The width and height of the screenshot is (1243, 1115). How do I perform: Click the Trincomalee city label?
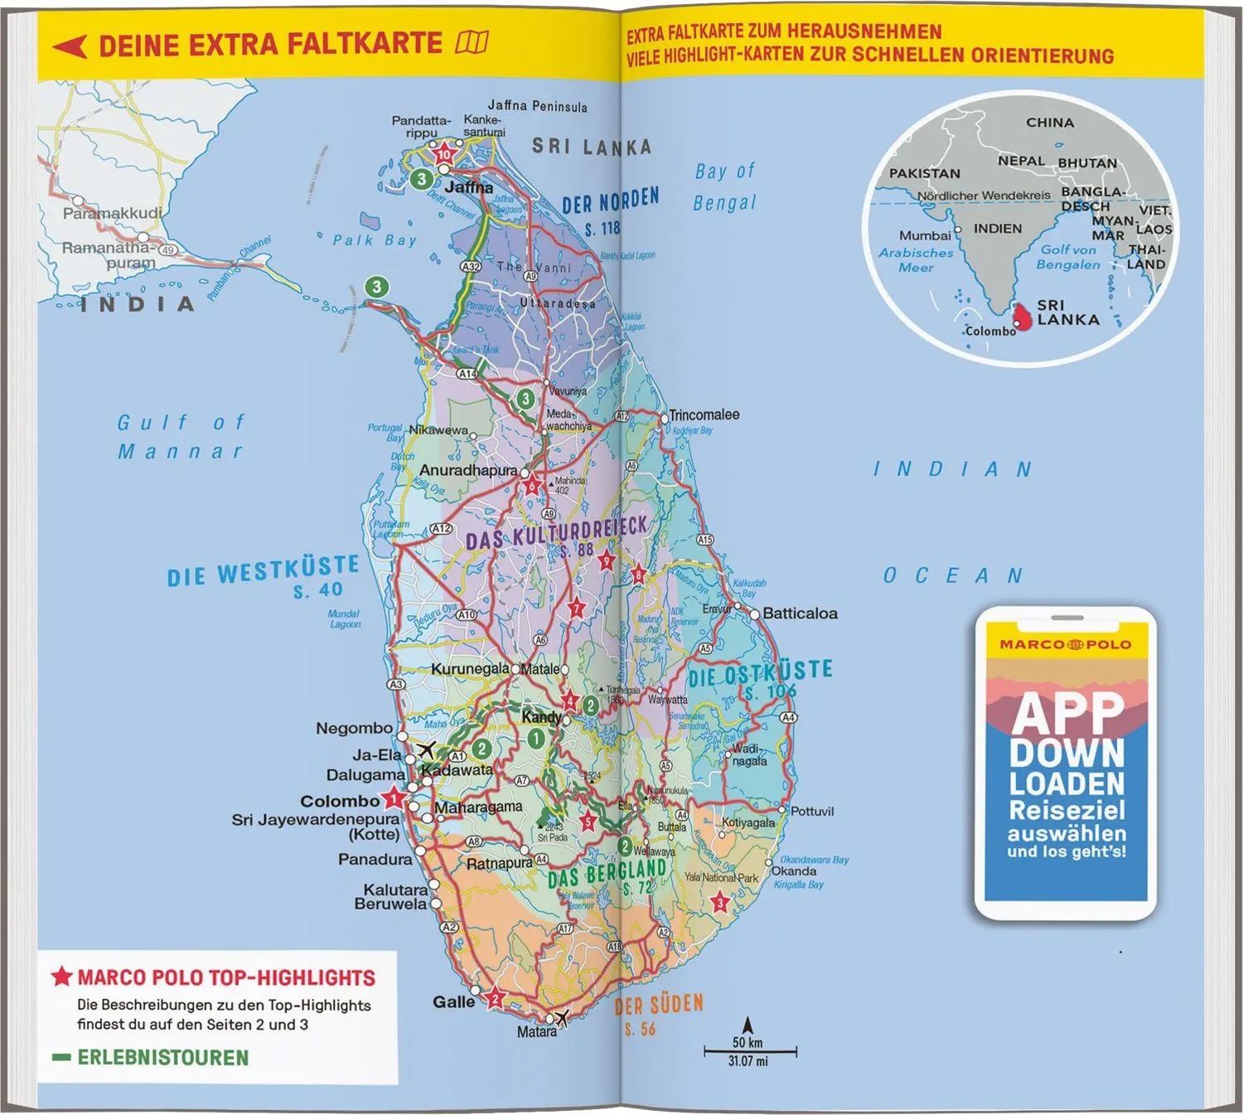click(704, 414)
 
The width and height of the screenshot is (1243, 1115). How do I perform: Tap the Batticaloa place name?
click(800, 613)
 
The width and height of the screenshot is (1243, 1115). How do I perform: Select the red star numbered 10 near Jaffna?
click(445, 154)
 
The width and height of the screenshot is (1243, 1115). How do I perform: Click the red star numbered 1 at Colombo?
click(394, 800)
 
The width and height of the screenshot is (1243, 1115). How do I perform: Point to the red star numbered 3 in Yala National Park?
click(720, 903)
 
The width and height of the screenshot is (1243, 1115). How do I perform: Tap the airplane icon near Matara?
click(562, 1017)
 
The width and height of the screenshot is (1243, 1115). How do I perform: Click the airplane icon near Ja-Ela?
click(427, 750)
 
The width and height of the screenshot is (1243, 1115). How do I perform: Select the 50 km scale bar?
click(750, 1052)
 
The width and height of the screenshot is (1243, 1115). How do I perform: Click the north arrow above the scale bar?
click(747, 1025)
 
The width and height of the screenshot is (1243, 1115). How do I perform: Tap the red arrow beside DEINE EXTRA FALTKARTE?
click(70, 46)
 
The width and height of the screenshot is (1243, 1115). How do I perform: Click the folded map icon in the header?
click(472, 42)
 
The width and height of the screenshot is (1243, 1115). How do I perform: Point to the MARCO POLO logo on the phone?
click(1066, 644)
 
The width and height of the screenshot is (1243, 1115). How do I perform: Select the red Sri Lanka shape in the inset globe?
click(1023, 316)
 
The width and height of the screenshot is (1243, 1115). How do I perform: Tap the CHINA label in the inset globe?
click(1050, 123)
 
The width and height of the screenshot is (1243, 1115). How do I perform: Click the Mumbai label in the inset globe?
click(925, 235)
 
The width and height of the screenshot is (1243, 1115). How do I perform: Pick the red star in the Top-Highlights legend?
click(62, 977)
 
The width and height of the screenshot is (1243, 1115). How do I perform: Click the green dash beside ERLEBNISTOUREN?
click(60, 1058)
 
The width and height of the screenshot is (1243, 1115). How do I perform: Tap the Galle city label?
click(453, 1001)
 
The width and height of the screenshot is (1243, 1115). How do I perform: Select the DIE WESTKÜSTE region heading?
click(264, 571)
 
